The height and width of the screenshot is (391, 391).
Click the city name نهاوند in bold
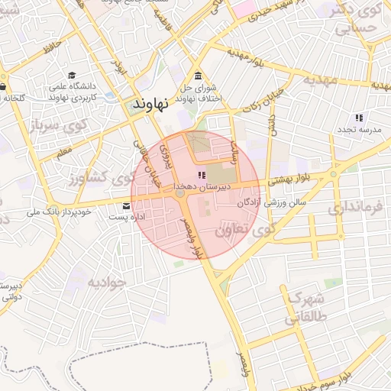click(x=156, y=102)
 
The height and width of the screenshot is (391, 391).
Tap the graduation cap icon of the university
click(x=72, y=76)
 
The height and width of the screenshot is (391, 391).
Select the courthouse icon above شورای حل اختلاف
click(x=199, y=76)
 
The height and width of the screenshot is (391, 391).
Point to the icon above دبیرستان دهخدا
click(x=202, y=176)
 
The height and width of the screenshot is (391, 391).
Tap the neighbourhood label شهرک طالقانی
click(x=305, y=310)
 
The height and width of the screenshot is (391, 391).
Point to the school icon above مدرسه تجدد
click(x=359, y=118)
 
